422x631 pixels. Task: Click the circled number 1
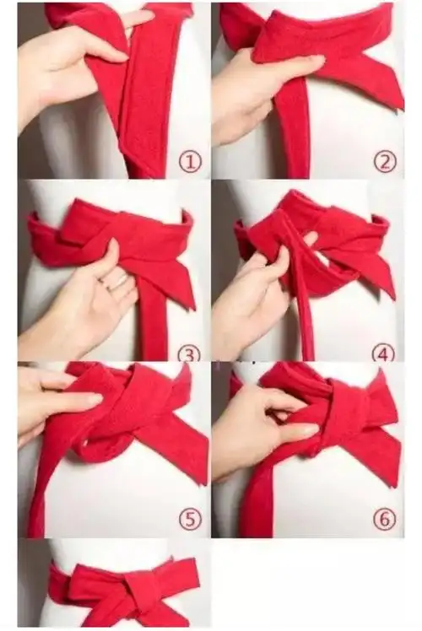[x=190, y=162]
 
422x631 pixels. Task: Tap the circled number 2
[x=385, y=162]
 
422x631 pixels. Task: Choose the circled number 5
[x=190, y=519]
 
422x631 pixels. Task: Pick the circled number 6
[x=385, y=519]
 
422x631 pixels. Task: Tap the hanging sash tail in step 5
[x=52, y=483]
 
